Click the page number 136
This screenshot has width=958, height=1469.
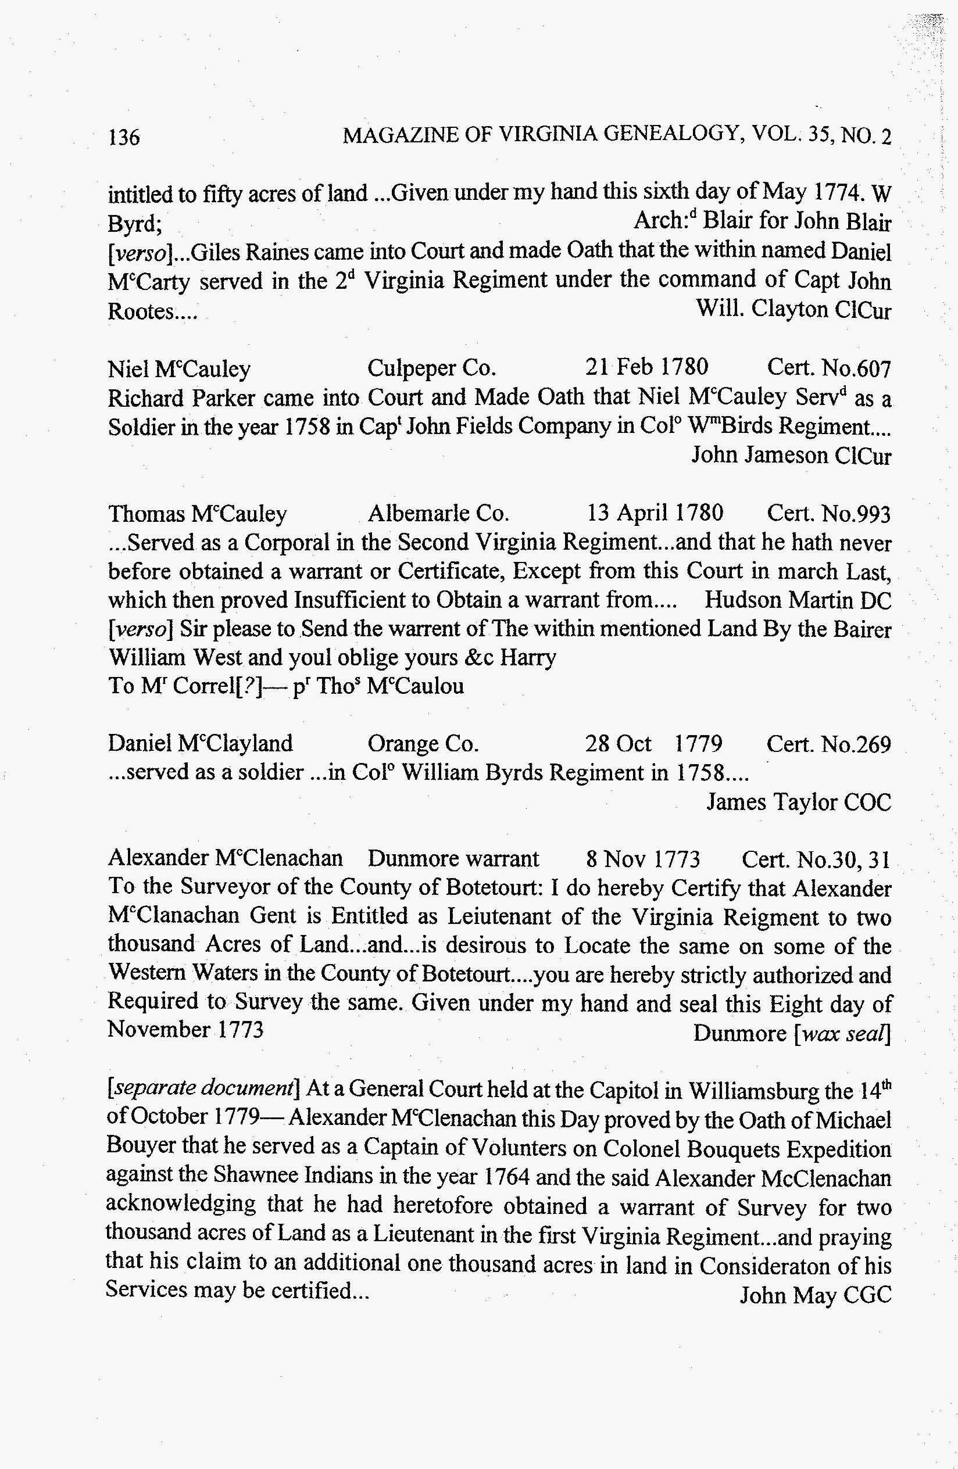point(124,137)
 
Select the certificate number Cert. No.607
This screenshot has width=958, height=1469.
point(829,368)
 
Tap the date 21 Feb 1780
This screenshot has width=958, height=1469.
point(646,367)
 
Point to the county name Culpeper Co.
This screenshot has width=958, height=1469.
point(431,368)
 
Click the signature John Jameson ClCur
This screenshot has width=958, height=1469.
point(791,456)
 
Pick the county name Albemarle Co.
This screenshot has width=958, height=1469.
point(438,514)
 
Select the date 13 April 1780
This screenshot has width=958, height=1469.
point(655,513)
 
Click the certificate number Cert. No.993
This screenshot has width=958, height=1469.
point(828,514)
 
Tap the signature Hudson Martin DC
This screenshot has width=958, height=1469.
point(798,599)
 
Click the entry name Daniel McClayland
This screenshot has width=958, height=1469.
point(200,743)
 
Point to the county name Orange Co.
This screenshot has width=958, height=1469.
point(423,744)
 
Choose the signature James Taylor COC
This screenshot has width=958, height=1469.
point(799,802)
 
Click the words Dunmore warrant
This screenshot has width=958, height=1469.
point(453,858)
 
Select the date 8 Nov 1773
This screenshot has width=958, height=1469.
point(642,858)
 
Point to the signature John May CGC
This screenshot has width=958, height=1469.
point(816,1294)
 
